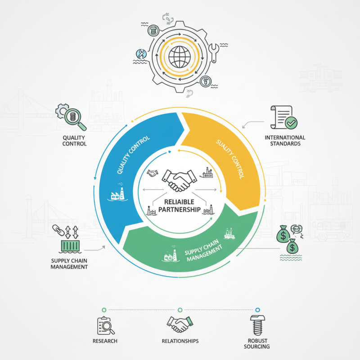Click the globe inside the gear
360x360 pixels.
coord(180,57)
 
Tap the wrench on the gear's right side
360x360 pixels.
coord(213,53)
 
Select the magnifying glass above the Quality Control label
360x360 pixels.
coord(75,119)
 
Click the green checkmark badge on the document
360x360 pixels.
coord(291,123)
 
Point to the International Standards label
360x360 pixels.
coord(285,140)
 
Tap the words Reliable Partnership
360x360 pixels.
coord(179,206)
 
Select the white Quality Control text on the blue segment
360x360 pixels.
coord(133,155)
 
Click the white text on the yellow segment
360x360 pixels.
coord(230,159)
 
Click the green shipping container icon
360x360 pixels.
coord(70,246)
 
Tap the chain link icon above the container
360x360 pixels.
coord(58,230)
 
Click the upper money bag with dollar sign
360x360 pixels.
coord(283,234)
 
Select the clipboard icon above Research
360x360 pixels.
coord(106,325)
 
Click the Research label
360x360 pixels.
coord(105,341)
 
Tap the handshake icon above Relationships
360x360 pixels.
coord(180,324)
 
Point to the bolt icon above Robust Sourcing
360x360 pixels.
coord(257,325)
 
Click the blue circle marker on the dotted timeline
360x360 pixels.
coord(257,310)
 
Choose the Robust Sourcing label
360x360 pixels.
coord(257,344)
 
